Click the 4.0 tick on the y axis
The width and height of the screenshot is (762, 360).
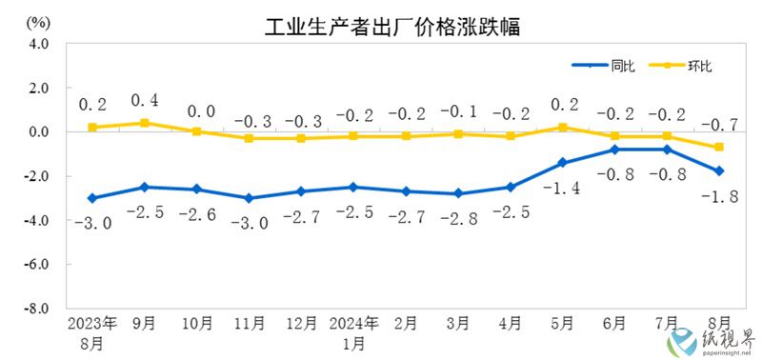point(38,43)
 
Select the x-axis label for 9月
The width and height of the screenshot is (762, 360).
point(144,323)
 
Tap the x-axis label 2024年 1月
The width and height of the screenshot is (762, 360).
point(352,331)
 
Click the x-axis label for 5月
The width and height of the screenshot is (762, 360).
point(563,323)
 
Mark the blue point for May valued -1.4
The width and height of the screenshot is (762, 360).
point(563,163)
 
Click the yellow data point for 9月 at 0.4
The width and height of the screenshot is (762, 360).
point(144,123)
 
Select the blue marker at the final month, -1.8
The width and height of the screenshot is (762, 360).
point(719,171)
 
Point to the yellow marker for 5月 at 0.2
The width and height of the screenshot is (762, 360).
point(563,127)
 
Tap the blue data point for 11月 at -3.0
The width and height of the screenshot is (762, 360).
point(249,198)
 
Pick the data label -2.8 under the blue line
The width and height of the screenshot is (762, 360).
point(457,221)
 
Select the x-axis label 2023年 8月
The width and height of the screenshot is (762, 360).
point(91,331)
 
